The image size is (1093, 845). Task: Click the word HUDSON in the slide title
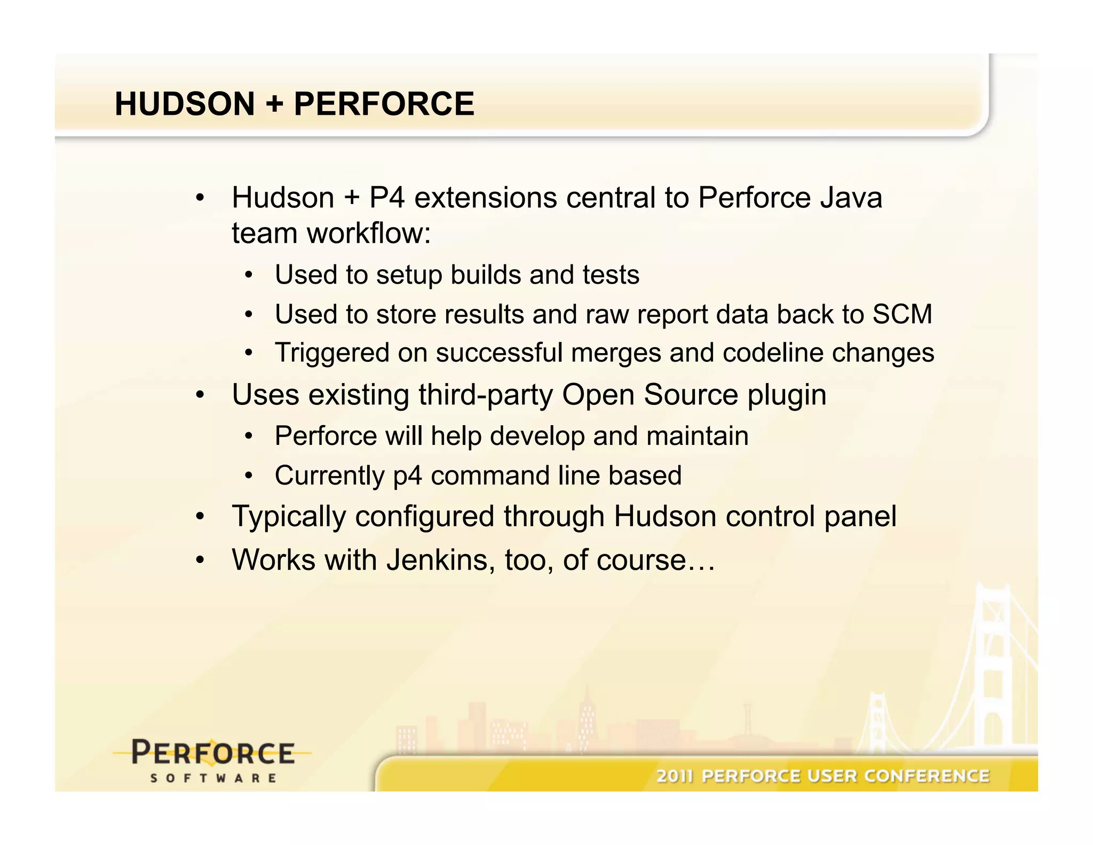[185, 104]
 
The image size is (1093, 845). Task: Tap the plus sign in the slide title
[274, 104]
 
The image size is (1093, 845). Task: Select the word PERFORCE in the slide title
[384, 104]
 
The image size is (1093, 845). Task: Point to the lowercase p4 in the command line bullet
[407, 476]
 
